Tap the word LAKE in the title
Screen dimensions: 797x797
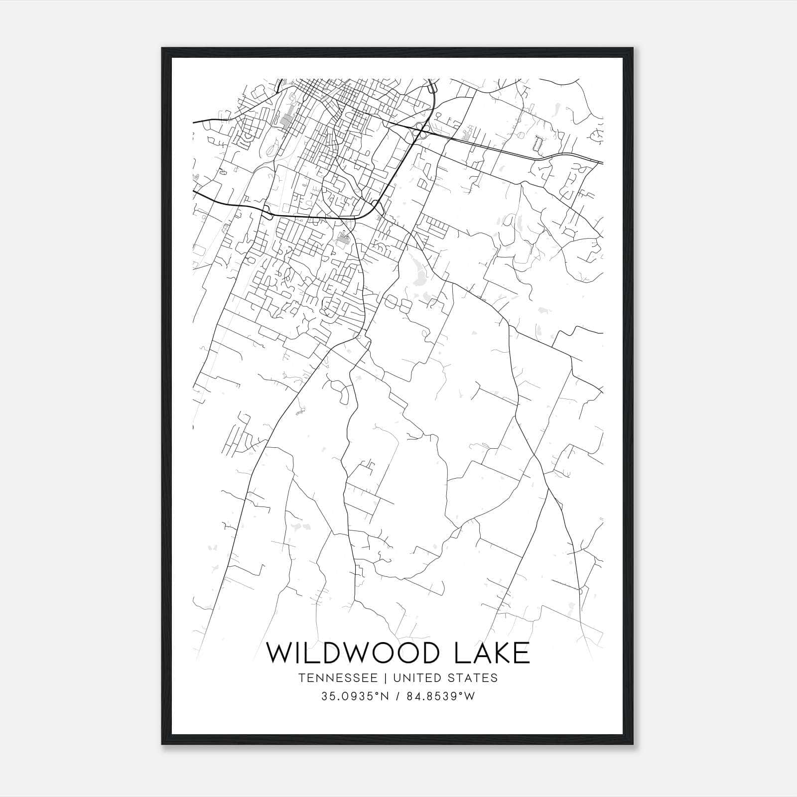492,653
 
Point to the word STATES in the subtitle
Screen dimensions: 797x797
473,678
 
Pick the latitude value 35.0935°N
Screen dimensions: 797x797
354,696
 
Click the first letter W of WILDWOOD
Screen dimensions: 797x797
280,653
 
